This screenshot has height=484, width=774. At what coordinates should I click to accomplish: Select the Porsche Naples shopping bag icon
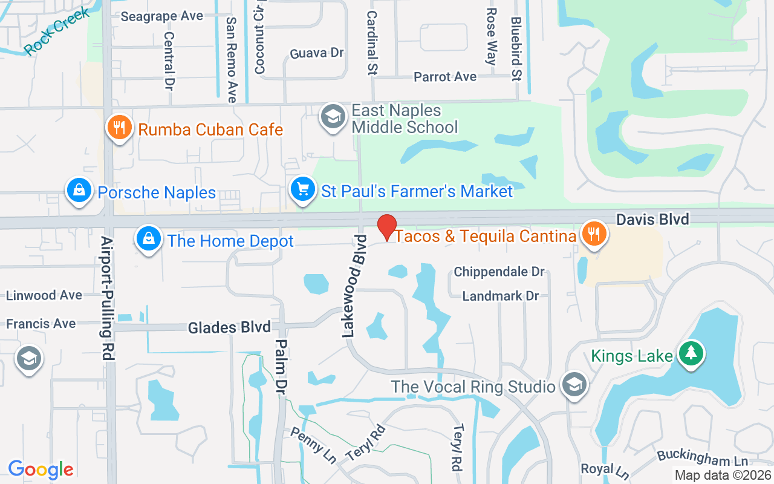79,191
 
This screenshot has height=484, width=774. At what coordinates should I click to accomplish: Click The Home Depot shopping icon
148,240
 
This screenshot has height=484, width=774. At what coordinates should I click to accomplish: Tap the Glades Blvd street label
229,328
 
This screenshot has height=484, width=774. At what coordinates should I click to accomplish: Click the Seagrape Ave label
161,16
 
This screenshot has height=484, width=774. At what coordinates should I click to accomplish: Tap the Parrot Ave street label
445,77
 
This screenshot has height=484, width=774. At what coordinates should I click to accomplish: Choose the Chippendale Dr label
499,272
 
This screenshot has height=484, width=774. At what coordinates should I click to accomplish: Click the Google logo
41,469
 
